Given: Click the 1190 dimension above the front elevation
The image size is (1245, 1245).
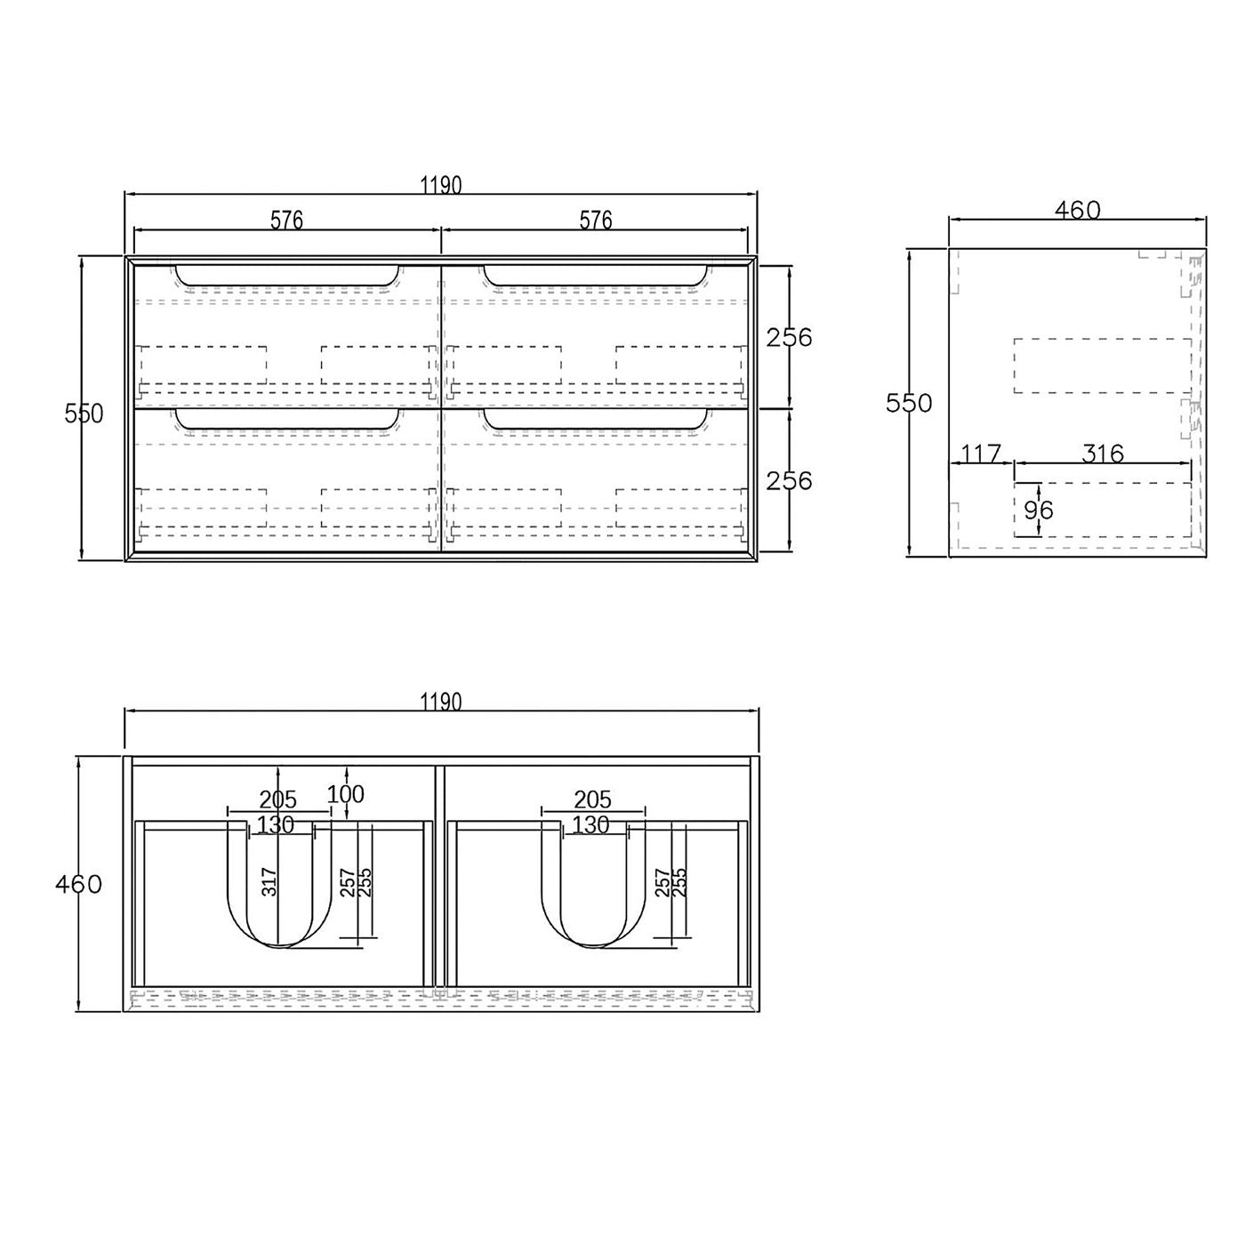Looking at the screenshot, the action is point(440,186).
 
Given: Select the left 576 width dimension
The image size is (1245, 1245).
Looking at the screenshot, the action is point(286,221).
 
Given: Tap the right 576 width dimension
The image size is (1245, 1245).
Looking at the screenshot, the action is point(595,221).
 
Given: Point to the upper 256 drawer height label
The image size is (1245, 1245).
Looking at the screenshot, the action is point(789,337).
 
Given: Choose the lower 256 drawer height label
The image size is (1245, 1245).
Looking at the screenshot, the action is point(789,481).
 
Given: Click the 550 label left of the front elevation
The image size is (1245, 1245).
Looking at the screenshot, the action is point(84,414).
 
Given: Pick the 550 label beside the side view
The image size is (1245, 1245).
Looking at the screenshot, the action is point(908,403).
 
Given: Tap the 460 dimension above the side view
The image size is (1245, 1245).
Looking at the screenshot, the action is point(1077,210).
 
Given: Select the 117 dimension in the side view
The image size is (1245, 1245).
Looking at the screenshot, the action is point(980,454).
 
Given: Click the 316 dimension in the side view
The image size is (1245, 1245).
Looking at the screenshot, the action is point(1103,454).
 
